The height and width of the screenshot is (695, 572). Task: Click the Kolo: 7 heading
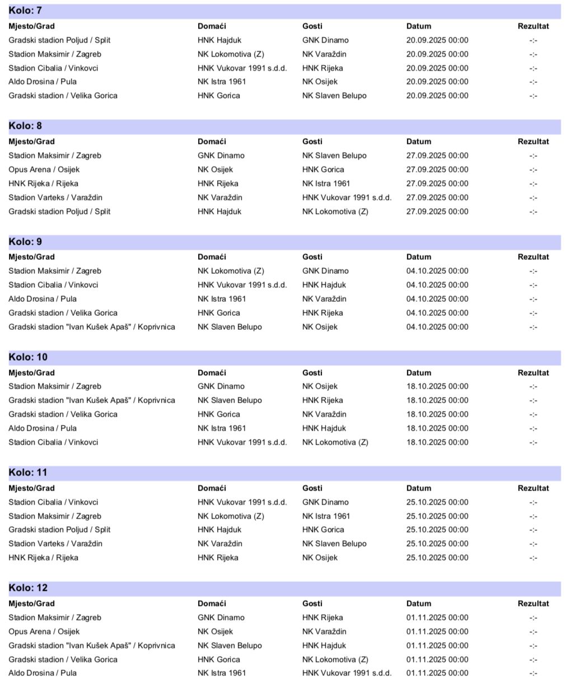[25, 11]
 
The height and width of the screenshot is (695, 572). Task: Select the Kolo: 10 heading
[28, 357]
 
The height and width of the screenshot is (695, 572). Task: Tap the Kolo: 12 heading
[28, 588]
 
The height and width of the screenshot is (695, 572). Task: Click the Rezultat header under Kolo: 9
[533, 257]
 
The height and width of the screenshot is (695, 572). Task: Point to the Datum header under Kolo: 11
[419, 488]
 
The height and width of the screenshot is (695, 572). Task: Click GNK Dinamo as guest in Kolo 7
[325, 40]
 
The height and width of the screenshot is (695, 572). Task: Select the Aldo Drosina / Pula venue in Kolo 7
[43, 82]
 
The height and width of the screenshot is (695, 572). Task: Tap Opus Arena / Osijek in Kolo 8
[44, 170]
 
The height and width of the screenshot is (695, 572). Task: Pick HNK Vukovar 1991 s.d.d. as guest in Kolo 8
[346, 198]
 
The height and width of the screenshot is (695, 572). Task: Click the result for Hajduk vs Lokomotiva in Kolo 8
[533, 212]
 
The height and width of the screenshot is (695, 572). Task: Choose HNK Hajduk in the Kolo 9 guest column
[324, 285]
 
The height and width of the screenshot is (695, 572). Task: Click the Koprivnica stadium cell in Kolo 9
[92, 327]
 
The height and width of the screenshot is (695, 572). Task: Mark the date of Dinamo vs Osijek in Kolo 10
[437, 386]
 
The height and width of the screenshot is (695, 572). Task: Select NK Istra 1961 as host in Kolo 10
[222, 428]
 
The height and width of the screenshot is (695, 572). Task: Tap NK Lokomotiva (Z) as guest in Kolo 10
[335, 442]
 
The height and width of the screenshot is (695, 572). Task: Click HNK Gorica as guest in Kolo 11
[323, 530]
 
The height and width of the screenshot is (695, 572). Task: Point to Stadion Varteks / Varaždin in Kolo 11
[55, 544]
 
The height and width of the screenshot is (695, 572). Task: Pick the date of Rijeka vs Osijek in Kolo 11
[437, 558]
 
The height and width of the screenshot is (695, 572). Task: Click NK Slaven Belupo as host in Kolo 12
[229, 646]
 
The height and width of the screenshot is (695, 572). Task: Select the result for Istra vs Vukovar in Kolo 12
[533, 673]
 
